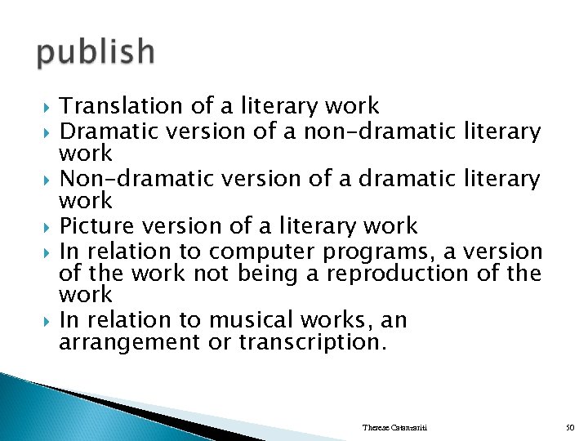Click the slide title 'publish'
(96, 52)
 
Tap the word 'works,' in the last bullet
(326, 320)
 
